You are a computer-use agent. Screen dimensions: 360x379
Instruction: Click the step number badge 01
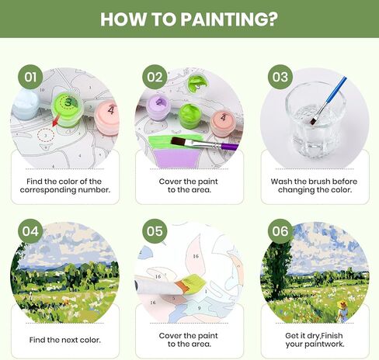[x=30, y=76]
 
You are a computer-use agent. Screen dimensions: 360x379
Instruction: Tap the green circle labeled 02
[x=155, y=76]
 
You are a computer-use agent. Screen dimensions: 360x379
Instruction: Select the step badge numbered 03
[x=280, y=76]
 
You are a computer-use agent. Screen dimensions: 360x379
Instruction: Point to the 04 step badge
[x=30, y=230]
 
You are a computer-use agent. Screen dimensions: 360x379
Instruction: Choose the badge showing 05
[x=155, y=230]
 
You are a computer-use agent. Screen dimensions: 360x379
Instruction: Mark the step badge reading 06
[x=280, y=230]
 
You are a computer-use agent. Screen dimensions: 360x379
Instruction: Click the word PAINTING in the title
[x=221, y=19]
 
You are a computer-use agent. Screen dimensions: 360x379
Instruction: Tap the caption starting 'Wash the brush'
[x=315, y=182]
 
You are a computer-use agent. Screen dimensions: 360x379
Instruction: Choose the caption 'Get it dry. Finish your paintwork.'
[x=315, y=341]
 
